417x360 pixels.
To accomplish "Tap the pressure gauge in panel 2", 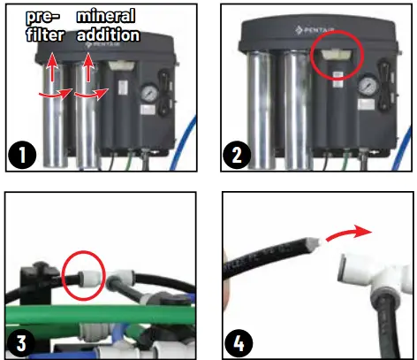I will [x=366, y=87].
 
